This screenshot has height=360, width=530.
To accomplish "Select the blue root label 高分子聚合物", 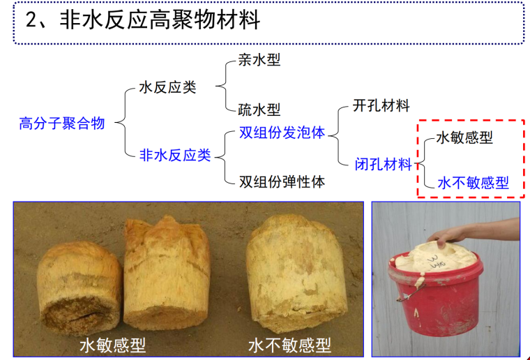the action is pos(62,123).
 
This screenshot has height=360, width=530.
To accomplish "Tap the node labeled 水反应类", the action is pos(167,87).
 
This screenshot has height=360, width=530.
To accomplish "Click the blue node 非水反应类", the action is pos(174,155).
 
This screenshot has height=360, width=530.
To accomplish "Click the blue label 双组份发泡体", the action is pos(282,133).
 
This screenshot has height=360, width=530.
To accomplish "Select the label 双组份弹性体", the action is pos(282,182).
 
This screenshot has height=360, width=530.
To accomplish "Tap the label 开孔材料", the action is pos(381,106).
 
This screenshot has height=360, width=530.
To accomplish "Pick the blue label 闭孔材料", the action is pos(383,165).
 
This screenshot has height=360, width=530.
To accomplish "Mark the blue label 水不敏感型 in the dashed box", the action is pos(473,183).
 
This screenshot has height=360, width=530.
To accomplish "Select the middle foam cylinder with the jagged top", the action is pos(167,272).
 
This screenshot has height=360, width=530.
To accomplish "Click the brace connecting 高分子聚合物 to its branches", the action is pos(120,123).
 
